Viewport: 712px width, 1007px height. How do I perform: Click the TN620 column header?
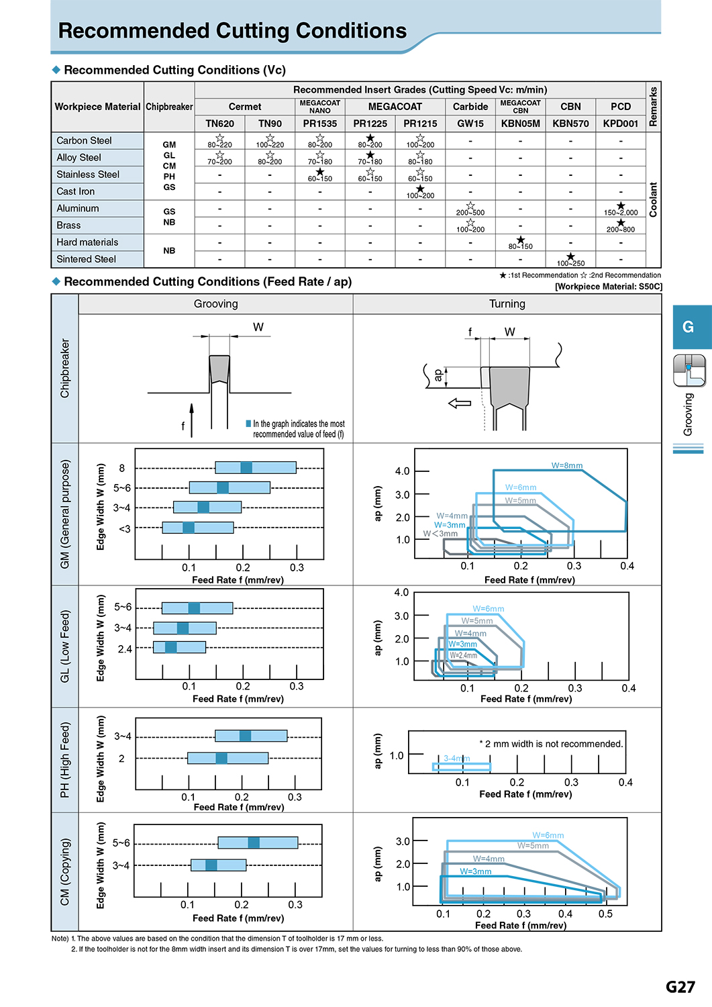tap(219, 124)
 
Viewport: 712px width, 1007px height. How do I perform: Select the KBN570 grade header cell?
tap(570, 124)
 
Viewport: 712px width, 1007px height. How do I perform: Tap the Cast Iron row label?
tap(76, 191)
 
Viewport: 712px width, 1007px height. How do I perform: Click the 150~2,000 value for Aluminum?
tap(621, 212)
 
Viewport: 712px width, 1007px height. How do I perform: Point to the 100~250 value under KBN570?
tap(570, 263)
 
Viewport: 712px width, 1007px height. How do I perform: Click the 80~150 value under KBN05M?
tap(521, 246)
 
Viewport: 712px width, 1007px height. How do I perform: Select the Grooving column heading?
tap(216, 304)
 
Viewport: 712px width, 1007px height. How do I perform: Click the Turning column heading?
tap(507, 304)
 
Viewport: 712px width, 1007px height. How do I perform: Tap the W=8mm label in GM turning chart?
tap(567, 466)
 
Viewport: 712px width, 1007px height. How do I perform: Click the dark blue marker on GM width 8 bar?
tap(246, 467)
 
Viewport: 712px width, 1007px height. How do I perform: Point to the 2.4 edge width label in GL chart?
tap(125, 649)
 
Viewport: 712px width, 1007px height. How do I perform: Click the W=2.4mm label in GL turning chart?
tap(464, 655)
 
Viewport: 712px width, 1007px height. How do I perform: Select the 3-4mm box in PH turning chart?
tap(461, 767)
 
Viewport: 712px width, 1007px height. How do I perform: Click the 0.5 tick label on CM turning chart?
tap(605, 914)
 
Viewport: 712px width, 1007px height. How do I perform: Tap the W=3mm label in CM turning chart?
tap(475, 871)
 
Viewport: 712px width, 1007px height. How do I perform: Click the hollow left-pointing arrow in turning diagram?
tap(460, 403)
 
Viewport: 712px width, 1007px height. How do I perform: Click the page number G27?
tap(680, 987)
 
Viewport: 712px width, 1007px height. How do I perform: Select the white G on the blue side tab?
tap(688, 327)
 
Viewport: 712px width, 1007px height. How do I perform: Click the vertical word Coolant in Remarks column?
tap(653, 199)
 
